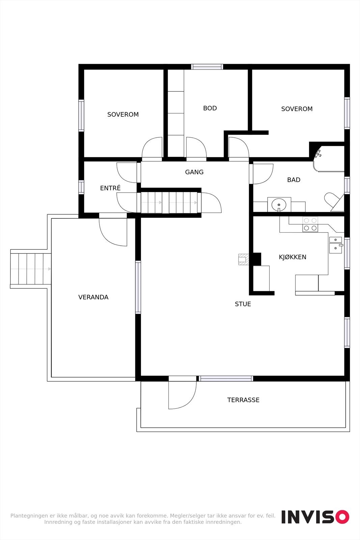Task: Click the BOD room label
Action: (210, 108)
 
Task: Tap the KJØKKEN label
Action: (293, 257)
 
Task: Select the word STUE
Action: (243, 304)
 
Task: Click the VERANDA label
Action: (93, 297)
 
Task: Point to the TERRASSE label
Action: (243, 400)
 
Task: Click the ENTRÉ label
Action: (110, 188)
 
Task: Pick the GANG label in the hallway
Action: (194, 172)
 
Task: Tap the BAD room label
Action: (294, 180)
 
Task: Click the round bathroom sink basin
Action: (279, 204)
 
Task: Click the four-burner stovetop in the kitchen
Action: (310, 224)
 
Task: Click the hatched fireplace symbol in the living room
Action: (243, 259)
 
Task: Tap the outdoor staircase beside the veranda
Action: (31, 269)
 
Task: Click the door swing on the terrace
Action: (182, 395)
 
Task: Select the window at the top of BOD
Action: (207, 67)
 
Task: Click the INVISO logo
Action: (315, 517)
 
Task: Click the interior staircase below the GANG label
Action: (169, 202)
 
